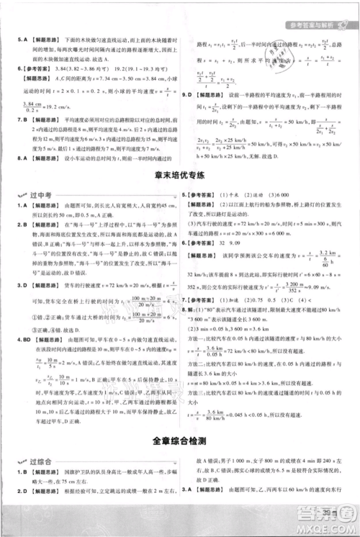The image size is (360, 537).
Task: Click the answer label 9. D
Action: tap(190, 94)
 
